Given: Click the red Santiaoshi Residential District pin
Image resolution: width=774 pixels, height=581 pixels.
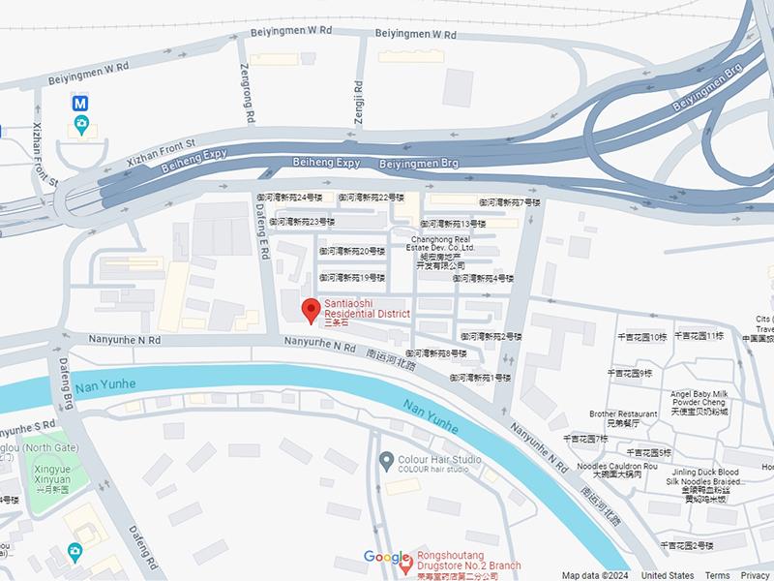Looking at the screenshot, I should [x=311, y=311].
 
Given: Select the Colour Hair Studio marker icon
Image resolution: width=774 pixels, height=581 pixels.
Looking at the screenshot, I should [x=386, y=459].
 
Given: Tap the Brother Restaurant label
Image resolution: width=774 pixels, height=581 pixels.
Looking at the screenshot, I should [x=623, y=418].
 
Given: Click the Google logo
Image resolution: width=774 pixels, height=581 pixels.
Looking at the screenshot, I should [x=386, y=557].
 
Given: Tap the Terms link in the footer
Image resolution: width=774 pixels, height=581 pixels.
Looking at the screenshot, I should [x=717, y=575].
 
